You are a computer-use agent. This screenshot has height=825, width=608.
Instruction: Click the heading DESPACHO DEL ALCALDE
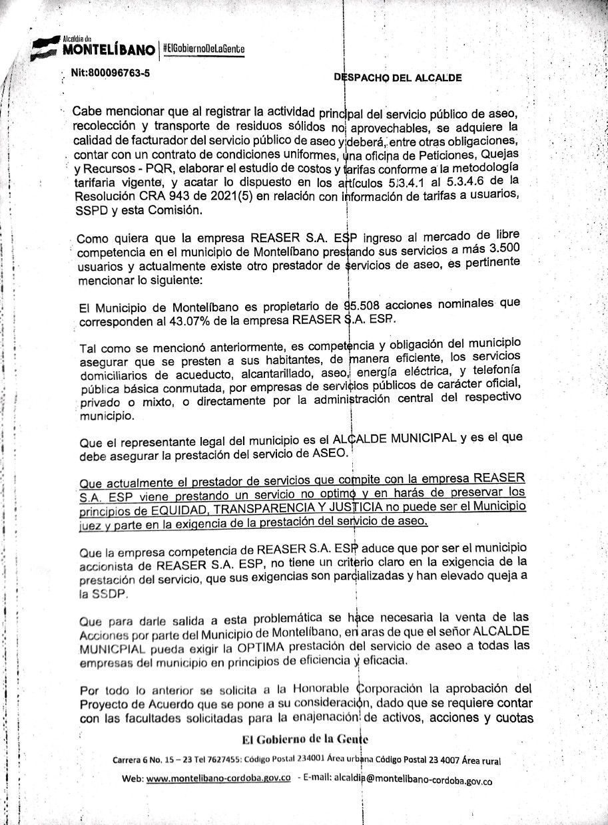coord(398,77)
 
